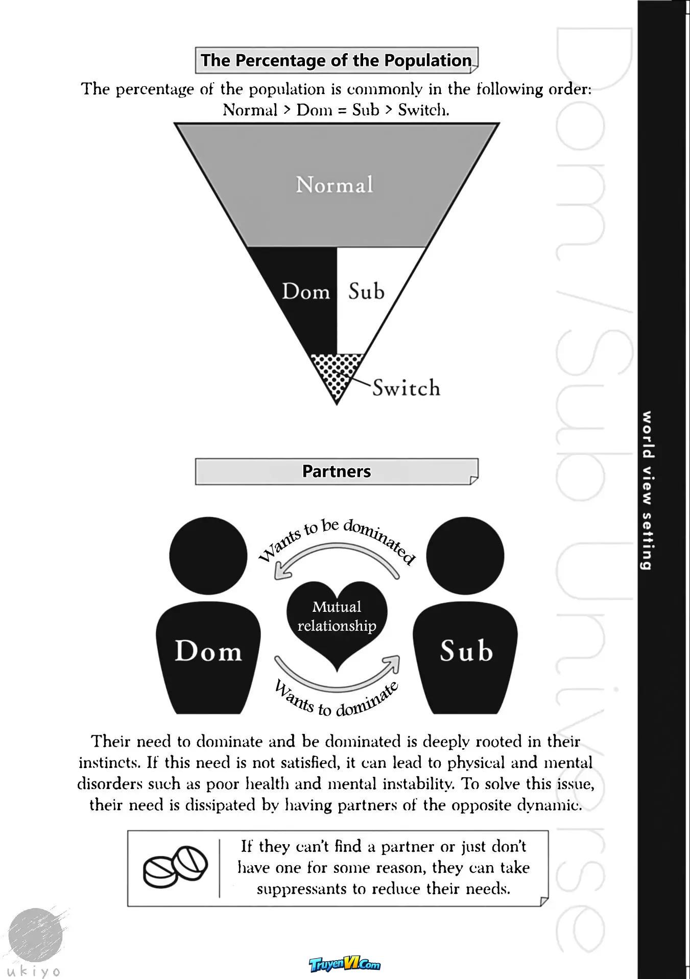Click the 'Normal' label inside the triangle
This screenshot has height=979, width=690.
(335, 185)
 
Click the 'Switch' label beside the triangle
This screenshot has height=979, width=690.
(406, 388)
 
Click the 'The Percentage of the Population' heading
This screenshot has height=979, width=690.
(337, 60)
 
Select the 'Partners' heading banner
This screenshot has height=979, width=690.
(337, 471)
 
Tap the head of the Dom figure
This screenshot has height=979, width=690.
(208, 556)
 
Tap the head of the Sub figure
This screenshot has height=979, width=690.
(465, 556)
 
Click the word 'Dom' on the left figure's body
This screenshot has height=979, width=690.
(208, 651)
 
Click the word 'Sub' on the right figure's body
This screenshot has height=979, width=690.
(466, 651)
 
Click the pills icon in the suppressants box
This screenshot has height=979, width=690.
(175, 867)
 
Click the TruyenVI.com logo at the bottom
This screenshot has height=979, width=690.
(345, 964)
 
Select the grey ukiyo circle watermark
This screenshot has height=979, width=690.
(36, 936)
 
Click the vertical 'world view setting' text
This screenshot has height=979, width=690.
(647, 490)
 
